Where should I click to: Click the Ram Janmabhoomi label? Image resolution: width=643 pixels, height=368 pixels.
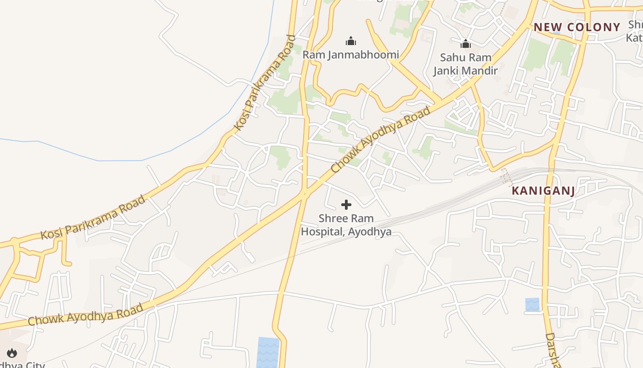tap(350, 55)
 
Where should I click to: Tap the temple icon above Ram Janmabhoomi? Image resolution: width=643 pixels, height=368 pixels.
tap(351, 41)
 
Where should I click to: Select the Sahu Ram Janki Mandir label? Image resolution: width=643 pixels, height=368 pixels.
tap(466, 64)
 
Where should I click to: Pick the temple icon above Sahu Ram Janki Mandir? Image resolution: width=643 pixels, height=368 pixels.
tap(466, 44)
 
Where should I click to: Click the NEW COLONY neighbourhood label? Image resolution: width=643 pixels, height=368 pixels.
tap(577, 27)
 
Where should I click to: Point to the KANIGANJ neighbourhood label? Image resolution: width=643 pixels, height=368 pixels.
tap(543, 190)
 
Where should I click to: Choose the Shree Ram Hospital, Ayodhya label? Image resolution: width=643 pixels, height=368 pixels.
tap(346, 225)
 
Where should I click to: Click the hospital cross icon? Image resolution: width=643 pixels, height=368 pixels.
tap(346, 205)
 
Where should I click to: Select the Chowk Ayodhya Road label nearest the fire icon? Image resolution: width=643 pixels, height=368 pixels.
tap(85, 315)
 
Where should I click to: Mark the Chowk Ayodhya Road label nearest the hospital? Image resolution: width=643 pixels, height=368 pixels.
tap(381, 140)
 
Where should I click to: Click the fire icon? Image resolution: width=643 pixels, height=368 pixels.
tap(12, 353)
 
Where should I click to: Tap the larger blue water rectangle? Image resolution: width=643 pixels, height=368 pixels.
tap(268, 352)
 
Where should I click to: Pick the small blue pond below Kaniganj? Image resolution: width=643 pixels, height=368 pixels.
tap(532, 305)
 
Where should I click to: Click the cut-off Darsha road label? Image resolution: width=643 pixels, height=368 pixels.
tap(553, 350)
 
